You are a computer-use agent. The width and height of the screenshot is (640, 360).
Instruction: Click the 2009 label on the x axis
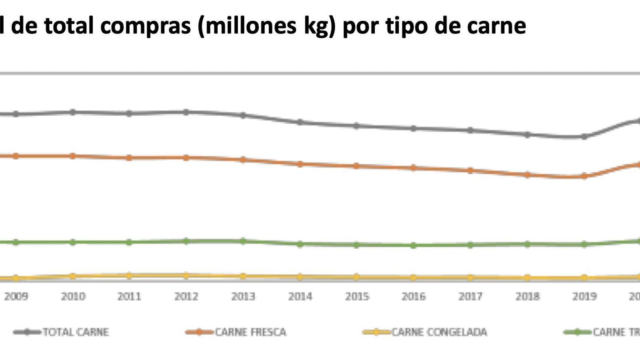click(16, 296)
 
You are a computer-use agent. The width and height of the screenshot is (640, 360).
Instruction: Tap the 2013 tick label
click(243, 296)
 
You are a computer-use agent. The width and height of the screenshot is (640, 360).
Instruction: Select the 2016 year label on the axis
click(414, 296)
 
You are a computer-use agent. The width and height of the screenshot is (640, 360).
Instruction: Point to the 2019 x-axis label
click(584, 296)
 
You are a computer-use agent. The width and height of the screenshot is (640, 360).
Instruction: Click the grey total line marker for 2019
click(584, 137)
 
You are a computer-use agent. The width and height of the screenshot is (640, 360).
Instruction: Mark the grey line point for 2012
click(186, 112)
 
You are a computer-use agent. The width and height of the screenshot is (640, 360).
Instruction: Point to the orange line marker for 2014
click(300, 164)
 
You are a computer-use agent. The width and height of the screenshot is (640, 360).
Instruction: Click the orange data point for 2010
click(73, 156)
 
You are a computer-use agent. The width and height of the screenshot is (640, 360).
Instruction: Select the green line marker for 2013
click(243, 241)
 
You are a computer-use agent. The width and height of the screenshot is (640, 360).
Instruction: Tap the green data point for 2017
click(470, 245)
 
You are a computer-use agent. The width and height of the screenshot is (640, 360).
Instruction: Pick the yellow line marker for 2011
click(129, 276)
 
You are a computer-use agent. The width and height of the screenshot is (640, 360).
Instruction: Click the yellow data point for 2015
click(356, 277)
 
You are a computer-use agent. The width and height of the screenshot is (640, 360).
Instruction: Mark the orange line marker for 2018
click(528, 175)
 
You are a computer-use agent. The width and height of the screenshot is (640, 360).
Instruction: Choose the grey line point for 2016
click(414, 128)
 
